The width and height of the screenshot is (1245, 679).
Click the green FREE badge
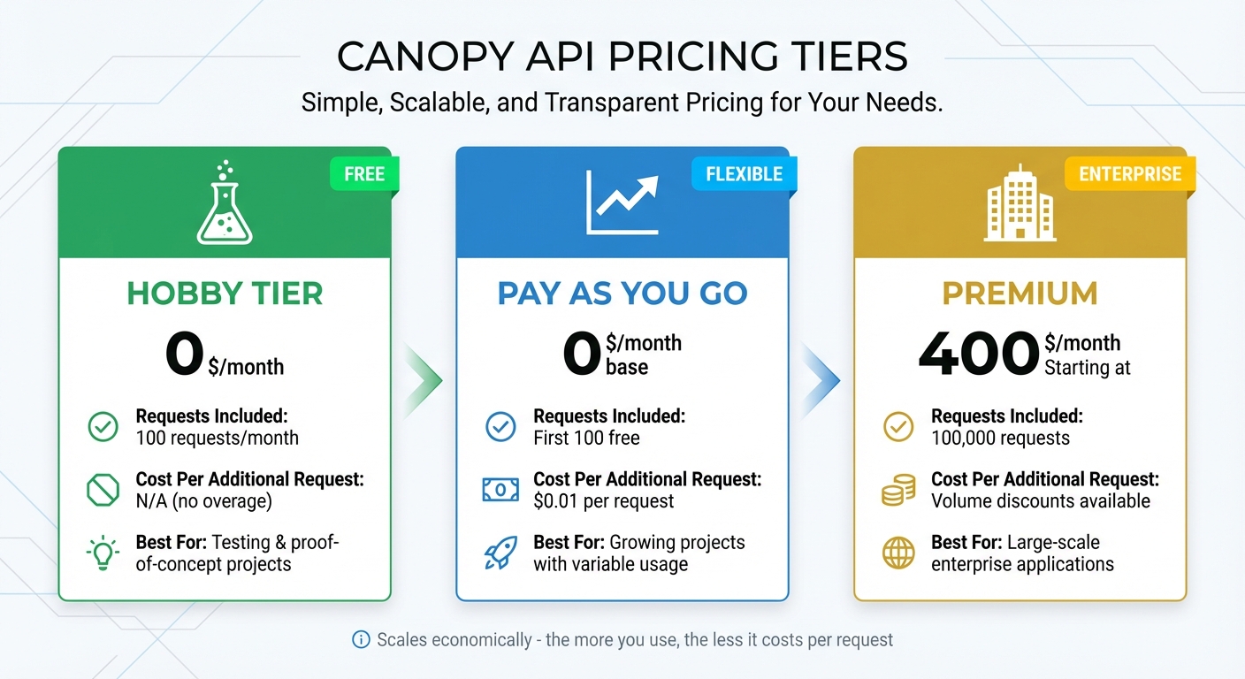click(364, 173)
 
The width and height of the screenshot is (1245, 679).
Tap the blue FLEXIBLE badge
click(745, 173)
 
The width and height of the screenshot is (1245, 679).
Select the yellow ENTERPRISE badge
click(1130, 173)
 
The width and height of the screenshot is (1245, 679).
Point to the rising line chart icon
click(622, 202)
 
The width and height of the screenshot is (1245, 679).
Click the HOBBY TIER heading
click(225, 294)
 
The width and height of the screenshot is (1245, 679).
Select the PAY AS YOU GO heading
click(622, 294)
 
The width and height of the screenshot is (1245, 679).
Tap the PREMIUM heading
click(1020, 294)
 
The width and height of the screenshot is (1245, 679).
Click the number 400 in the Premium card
click(978, 354)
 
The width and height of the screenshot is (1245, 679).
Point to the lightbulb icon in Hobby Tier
click(103, 553)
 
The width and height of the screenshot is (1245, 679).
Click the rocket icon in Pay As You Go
click(500, 553)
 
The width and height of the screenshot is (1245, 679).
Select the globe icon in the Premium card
click(898, 553)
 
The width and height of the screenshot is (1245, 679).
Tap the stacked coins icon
click(898, 490)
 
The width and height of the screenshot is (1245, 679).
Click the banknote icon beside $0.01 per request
click(500, 490)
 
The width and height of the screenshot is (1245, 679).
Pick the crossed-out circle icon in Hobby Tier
click(103, 490)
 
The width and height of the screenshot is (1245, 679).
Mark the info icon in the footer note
click(361, 640)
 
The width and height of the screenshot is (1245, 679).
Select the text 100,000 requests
click(1000, 439)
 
